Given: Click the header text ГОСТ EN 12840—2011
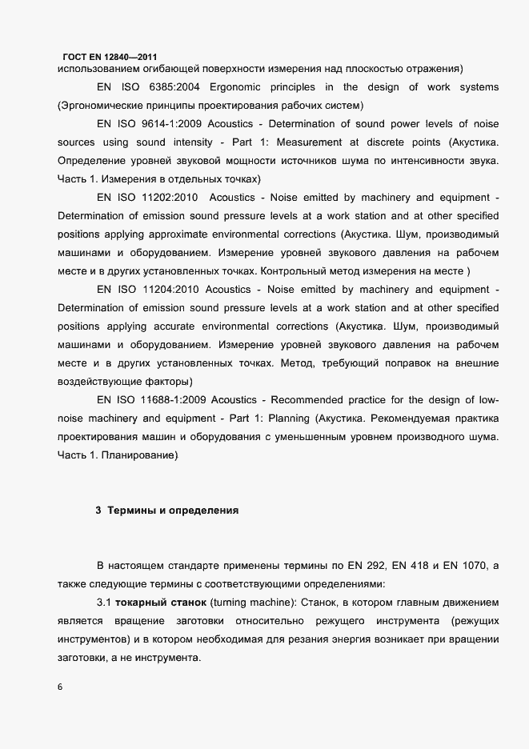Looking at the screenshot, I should pos(110,56).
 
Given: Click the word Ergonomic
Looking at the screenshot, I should pos(236,86).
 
